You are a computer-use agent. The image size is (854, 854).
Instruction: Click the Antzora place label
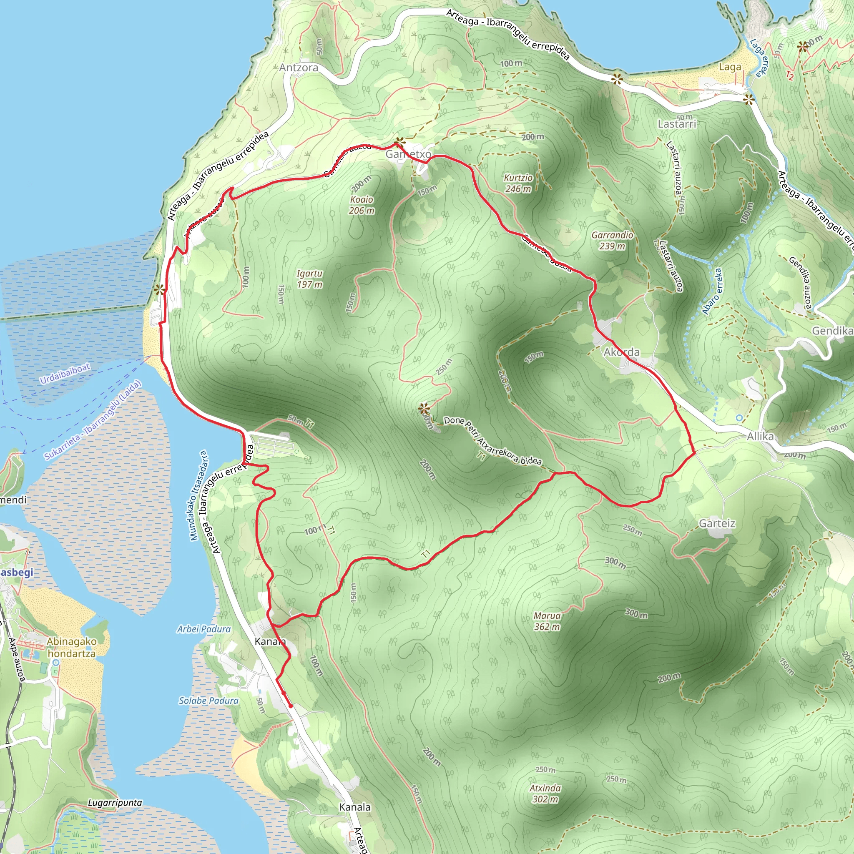click(x=299, y=68)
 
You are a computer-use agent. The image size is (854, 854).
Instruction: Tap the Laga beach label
click(x=730, y=67)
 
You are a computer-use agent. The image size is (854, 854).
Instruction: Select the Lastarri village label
click(x=677, y=124)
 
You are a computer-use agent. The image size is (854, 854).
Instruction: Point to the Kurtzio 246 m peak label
click(x=518, y=183)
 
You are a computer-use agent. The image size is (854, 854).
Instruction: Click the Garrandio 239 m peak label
click(x=612, y=241)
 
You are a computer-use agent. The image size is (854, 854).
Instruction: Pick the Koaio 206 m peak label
click(x=362, y=205)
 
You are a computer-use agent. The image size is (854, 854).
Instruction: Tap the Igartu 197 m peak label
click(x=309, y=279)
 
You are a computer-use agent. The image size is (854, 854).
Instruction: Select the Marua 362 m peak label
click(x=547, y=621)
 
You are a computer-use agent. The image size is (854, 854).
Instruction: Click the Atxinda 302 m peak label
click(x=545, y=794)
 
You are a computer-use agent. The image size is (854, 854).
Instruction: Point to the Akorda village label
click(x=621, y=352)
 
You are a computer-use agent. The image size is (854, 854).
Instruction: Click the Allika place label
click(x=760, y=437)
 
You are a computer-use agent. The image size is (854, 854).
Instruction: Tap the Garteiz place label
click(x=717, y=523)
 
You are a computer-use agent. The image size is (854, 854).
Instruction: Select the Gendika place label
click(x=832, y=331)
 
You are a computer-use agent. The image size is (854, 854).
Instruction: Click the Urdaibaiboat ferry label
click(x=65, y=374)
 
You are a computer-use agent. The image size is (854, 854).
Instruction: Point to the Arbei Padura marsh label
click(x=204, y=629)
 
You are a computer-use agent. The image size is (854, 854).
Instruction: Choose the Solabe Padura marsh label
click(x=208, y=701)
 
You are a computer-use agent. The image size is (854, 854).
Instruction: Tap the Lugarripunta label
click(x=115, y=803)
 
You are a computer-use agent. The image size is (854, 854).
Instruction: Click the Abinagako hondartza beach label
click(x=72, y=647)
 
